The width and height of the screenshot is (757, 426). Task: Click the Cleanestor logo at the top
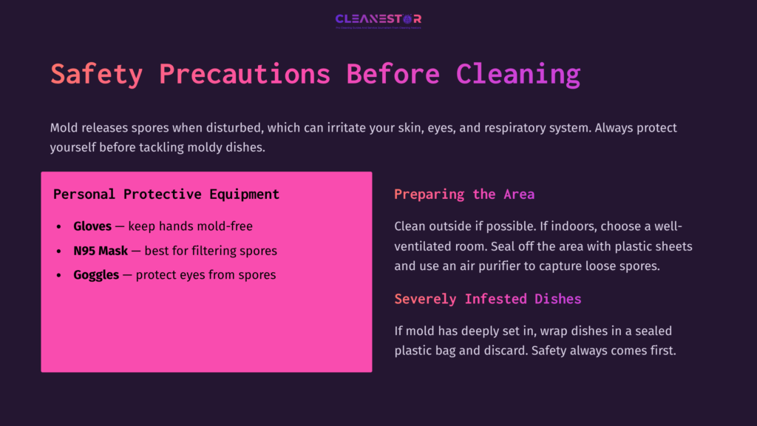(x=378, y=20)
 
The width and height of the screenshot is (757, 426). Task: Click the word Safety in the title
(x=96, y=75)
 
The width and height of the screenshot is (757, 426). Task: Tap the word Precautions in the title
(x=244, y=75)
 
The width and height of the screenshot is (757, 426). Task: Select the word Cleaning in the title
(x=517, y=75)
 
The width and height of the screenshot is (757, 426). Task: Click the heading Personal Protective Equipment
(x=166, y=195)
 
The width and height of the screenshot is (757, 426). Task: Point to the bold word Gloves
(x=92, y=226)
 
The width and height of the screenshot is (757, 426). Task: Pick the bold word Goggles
(x=96, y=275)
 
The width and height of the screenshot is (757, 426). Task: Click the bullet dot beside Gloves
(x=59, y=227)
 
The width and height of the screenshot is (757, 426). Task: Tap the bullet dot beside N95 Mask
(x=59, y=251)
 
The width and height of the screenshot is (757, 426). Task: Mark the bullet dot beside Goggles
(x=59, y=276)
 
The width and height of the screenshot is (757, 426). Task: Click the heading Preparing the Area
(x=464, y=195)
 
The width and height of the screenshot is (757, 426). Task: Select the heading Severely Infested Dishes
(x=488, y=300)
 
